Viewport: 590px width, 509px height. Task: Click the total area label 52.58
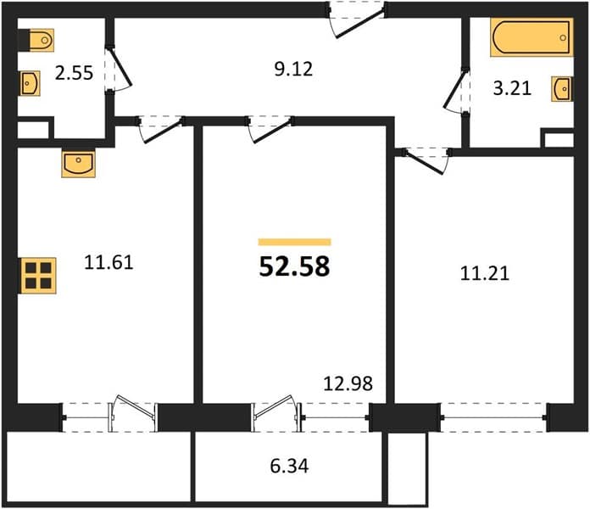coord(294,266)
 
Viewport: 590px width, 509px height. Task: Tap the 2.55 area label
coord(74,73)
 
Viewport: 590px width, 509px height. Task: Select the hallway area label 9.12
coord(293,70)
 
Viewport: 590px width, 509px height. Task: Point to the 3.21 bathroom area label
coord(512,88)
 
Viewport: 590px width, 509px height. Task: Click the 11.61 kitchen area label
coord(109,262)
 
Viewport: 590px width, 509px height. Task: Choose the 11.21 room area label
coord(485,273)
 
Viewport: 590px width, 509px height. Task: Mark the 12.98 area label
coord(348,383)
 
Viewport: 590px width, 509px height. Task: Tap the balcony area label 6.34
coord(289,466)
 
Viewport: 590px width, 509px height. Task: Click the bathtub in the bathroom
coord(532,37)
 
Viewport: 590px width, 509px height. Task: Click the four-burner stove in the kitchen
coord(38,276)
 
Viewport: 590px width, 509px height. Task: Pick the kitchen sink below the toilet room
coord(78,164)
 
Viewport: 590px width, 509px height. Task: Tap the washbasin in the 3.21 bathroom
coord(563,89)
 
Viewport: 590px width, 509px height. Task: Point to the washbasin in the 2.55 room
coord(30,83)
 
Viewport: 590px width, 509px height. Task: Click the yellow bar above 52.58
coord(294,242)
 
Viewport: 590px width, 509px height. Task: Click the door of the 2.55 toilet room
coord(118,69)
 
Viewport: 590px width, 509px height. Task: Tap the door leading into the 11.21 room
coord(426,161)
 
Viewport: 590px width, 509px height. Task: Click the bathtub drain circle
coord(563,37)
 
